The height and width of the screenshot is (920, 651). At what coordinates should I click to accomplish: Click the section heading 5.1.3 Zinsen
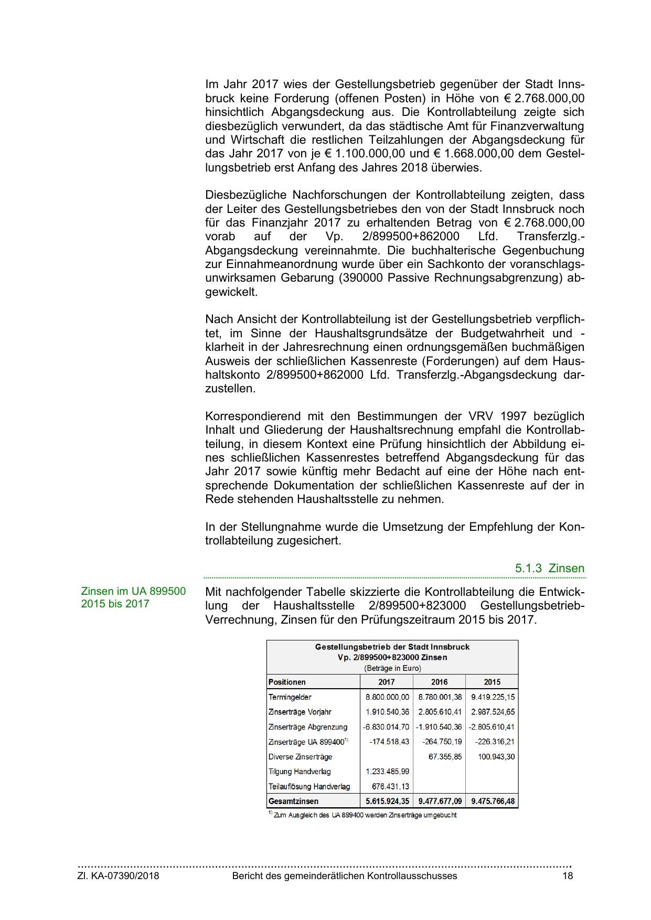coord(549,569)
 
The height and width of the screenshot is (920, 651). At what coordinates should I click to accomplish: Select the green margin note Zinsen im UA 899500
coord(133,592)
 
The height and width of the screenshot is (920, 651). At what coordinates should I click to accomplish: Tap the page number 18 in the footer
coord(568,876)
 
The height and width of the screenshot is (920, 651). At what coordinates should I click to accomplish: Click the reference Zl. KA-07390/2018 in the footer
coord(119,876)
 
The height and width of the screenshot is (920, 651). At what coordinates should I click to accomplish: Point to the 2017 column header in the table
coord(387,682)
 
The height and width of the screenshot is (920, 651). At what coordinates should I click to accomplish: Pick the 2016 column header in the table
coord(439,682)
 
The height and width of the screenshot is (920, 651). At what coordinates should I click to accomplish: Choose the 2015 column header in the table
coord(492,682)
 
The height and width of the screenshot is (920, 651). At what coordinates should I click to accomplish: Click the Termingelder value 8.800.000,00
coord(387,697)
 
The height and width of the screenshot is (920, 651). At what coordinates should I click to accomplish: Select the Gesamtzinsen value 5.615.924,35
coord(387,801)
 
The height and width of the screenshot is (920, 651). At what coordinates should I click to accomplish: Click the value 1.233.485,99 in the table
coord(387,772)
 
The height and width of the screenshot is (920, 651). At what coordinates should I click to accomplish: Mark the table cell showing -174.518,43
coord(389,742)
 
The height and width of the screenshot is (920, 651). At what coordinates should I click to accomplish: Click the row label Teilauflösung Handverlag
coord(309,787)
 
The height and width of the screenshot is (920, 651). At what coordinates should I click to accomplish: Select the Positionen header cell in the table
coord(287,682)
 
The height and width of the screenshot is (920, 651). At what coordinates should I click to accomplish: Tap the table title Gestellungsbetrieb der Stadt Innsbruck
coord(392,647)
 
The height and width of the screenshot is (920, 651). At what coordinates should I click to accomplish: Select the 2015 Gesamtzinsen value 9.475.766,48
coord(493,801)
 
